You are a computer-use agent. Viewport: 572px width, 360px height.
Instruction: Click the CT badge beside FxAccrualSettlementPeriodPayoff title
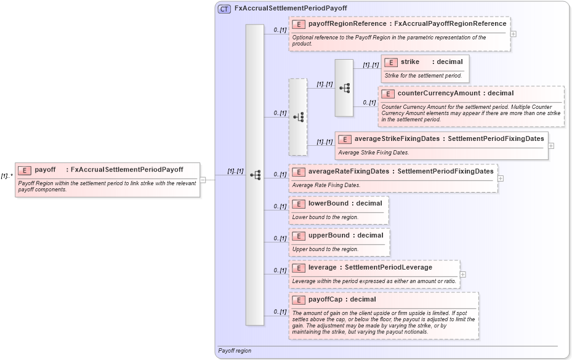[225, 9]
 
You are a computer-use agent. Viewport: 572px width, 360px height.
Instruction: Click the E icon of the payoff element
[25, 170]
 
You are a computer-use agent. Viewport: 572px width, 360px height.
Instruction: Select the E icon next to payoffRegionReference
[298, 24]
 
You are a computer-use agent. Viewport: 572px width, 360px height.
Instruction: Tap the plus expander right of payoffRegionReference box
[513, 34]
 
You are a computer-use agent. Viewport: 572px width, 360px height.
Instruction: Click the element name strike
[410, 62]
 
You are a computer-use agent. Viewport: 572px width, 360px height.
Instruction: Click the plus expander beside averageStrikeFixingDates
[550, 146]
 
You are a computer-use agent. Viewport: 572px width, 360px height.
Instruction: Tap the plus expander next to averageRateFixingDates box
[501, 178]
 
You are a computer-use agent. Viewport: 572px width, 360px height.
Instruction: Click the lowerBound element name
[328, 203]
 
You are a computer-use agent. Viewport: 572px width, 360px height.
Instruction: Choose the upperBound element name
[329, 235]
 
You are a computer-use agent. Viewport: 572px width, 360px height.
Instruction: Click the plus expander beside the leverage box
[462, 274]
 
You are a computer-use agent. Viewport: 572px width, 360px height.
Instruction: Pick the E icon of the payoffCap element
[298, 300]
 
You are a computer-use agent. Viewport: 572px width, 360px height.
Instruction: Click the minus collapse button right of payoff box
[203, 180]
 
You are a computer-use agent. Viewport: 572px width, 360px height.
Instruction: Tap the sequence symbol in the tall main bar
[255, 175]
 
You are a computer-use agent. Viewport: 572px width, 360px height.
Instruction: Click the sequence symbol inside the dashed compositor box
[298, 117]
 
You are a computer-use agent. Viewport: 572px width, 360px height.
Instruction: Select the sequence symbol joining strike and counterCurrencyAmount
[344, 88]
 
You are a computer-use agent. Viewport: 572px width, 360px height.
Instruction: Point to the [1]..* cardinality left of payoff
[7, 176]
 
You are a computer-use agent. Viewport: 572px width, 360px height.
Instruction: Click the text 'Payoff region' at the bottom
[235, 351]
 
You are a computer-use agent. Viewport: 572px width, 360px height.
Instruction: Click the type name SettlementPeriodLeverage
[389, 267]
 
